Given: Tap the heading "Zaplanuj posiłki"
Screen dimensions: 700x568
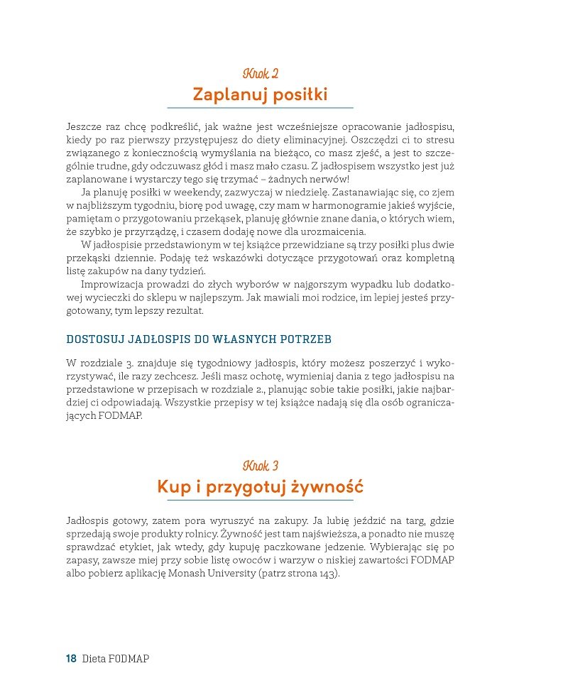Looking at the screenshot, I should [x=260, y=94].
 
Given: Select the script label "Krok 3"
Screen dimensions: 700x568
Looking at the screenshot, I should [x=260, y=466].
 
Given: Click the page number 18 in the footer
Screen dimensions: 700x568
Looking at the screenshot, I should [x=71, y=658].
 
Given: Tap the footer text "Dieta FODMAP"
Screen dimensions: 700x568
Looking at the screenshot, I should [x=116, y=658].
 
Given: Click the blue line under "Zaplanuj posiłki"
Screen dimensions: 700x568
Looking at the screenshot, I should [x=260, y=108].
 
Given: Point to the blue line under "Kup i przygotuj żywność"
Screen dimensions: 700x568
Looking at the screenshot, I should [x=260, y=501].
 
